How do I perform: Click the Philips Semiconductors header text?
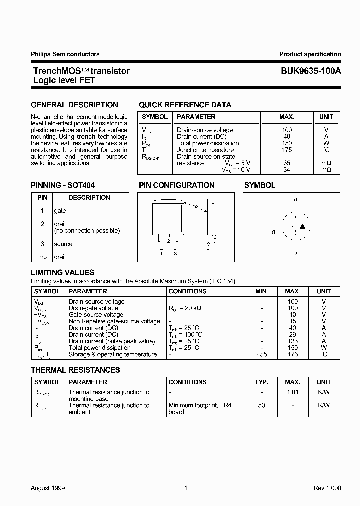65,54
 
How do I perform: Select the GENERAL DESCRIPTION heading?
74,105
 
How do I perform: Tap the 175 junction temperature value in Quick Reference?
287,150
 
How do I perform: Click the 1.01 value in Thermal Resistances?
293,392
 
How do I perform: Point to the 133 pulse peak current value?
293,341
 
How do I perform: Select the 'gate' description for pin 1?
60,211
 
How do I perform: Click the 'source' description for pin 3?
63,244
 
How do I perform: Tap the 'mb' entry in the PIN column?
42,257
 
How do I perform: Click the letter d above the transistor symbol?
295,200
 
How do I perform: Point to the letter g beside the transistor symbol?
273,232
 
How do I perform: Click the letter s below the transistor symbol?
295,253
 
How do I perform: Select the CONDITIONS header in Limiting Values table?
187,291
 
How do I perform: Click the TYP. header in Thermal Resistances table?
262,382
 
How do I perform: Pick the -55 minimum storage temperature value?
261,354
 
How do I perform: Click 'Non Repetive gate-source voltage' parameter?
114,321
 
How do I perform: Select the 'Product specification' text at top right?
310,54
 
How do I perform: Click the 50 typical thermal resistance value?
262,405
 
